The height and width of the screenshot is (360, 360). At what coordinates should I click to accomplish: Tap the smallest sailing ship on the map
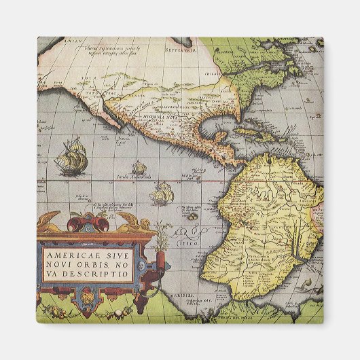(139, 167)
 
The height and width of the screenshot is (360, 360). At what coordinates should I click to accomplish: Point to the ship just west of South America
(161, 194)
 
